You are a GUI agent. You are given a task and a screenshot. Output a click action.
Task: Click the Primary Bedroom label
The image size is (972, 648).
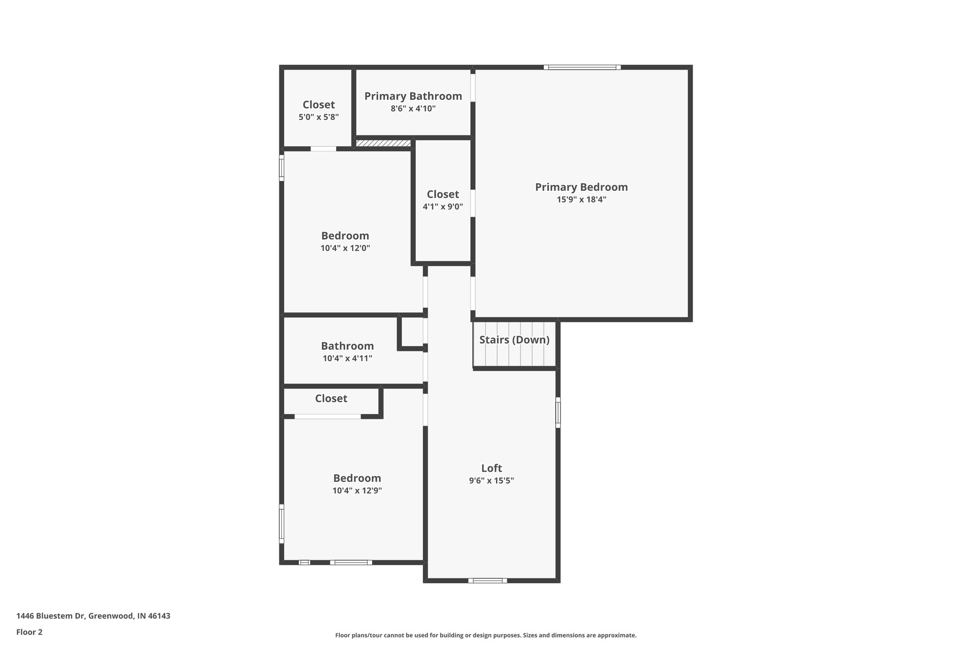click(581, 187)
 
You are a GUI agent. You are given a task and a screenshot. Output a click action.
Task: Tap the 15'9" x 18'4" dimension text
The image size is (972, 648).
click(581, 200)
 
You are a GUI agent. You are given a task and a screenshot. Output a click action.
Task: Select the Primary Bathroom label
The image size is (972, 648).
click(413, 96)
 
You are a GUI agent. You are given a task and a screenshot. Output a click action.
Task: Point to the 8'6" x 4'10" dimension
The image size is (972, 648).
click(413, 109)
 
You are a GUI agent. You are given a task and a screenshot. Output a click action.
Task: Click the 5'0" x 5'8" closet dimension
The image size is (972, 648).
click(318, 117)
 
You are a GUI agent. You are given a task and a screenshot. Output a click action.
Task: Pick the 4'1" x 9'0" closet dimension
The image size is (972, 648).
click(443, 207)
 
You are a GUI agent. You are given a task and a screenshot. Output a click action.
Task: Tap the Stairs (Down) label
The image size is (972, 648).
click(514, 340)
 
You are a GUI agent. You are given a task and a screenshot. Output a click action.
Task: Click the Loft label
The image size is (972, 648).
click(491, 468)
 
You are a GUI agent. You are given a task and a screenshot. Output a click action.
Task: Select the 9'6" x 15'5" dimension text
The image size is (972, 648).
click(491, 480)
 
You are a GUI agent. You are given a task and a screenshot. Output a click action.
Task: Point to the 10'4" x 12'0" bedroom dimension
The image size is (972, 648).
click(345, 248)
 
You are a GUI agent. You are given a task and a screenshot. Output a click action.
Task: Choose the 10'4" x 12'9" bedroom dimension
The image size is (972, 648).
click(357, 491)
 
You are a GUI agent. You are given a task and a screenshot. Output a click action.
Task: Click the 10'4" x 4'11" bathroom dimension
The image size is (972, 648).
click(347, 358)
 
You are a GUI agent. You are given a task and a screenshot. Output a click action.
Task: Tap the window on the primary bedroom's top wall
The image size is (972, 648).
click(582, 67)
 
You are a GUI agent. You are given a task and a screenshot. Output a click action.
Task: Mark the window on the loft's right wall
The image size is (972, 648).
click(558, 413)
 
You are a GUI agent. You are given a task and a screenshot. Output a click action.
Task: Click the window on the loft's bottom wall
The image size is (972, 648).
click(487, 580)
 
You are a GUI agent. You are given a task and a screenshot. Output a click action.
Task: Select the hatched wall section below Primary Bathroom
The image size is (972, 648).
click(383, 143)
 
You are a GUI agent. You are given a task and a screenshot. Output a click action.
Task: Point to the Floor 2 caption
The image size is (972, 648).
click(29, 632)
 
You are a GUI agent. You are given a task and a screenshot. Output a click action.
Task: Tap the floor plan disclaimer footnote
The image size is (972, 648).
click(486, 635)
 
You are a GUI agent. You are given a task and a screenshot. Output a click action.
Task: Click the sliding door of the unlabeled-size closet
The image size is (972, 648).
click(327, 417)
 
